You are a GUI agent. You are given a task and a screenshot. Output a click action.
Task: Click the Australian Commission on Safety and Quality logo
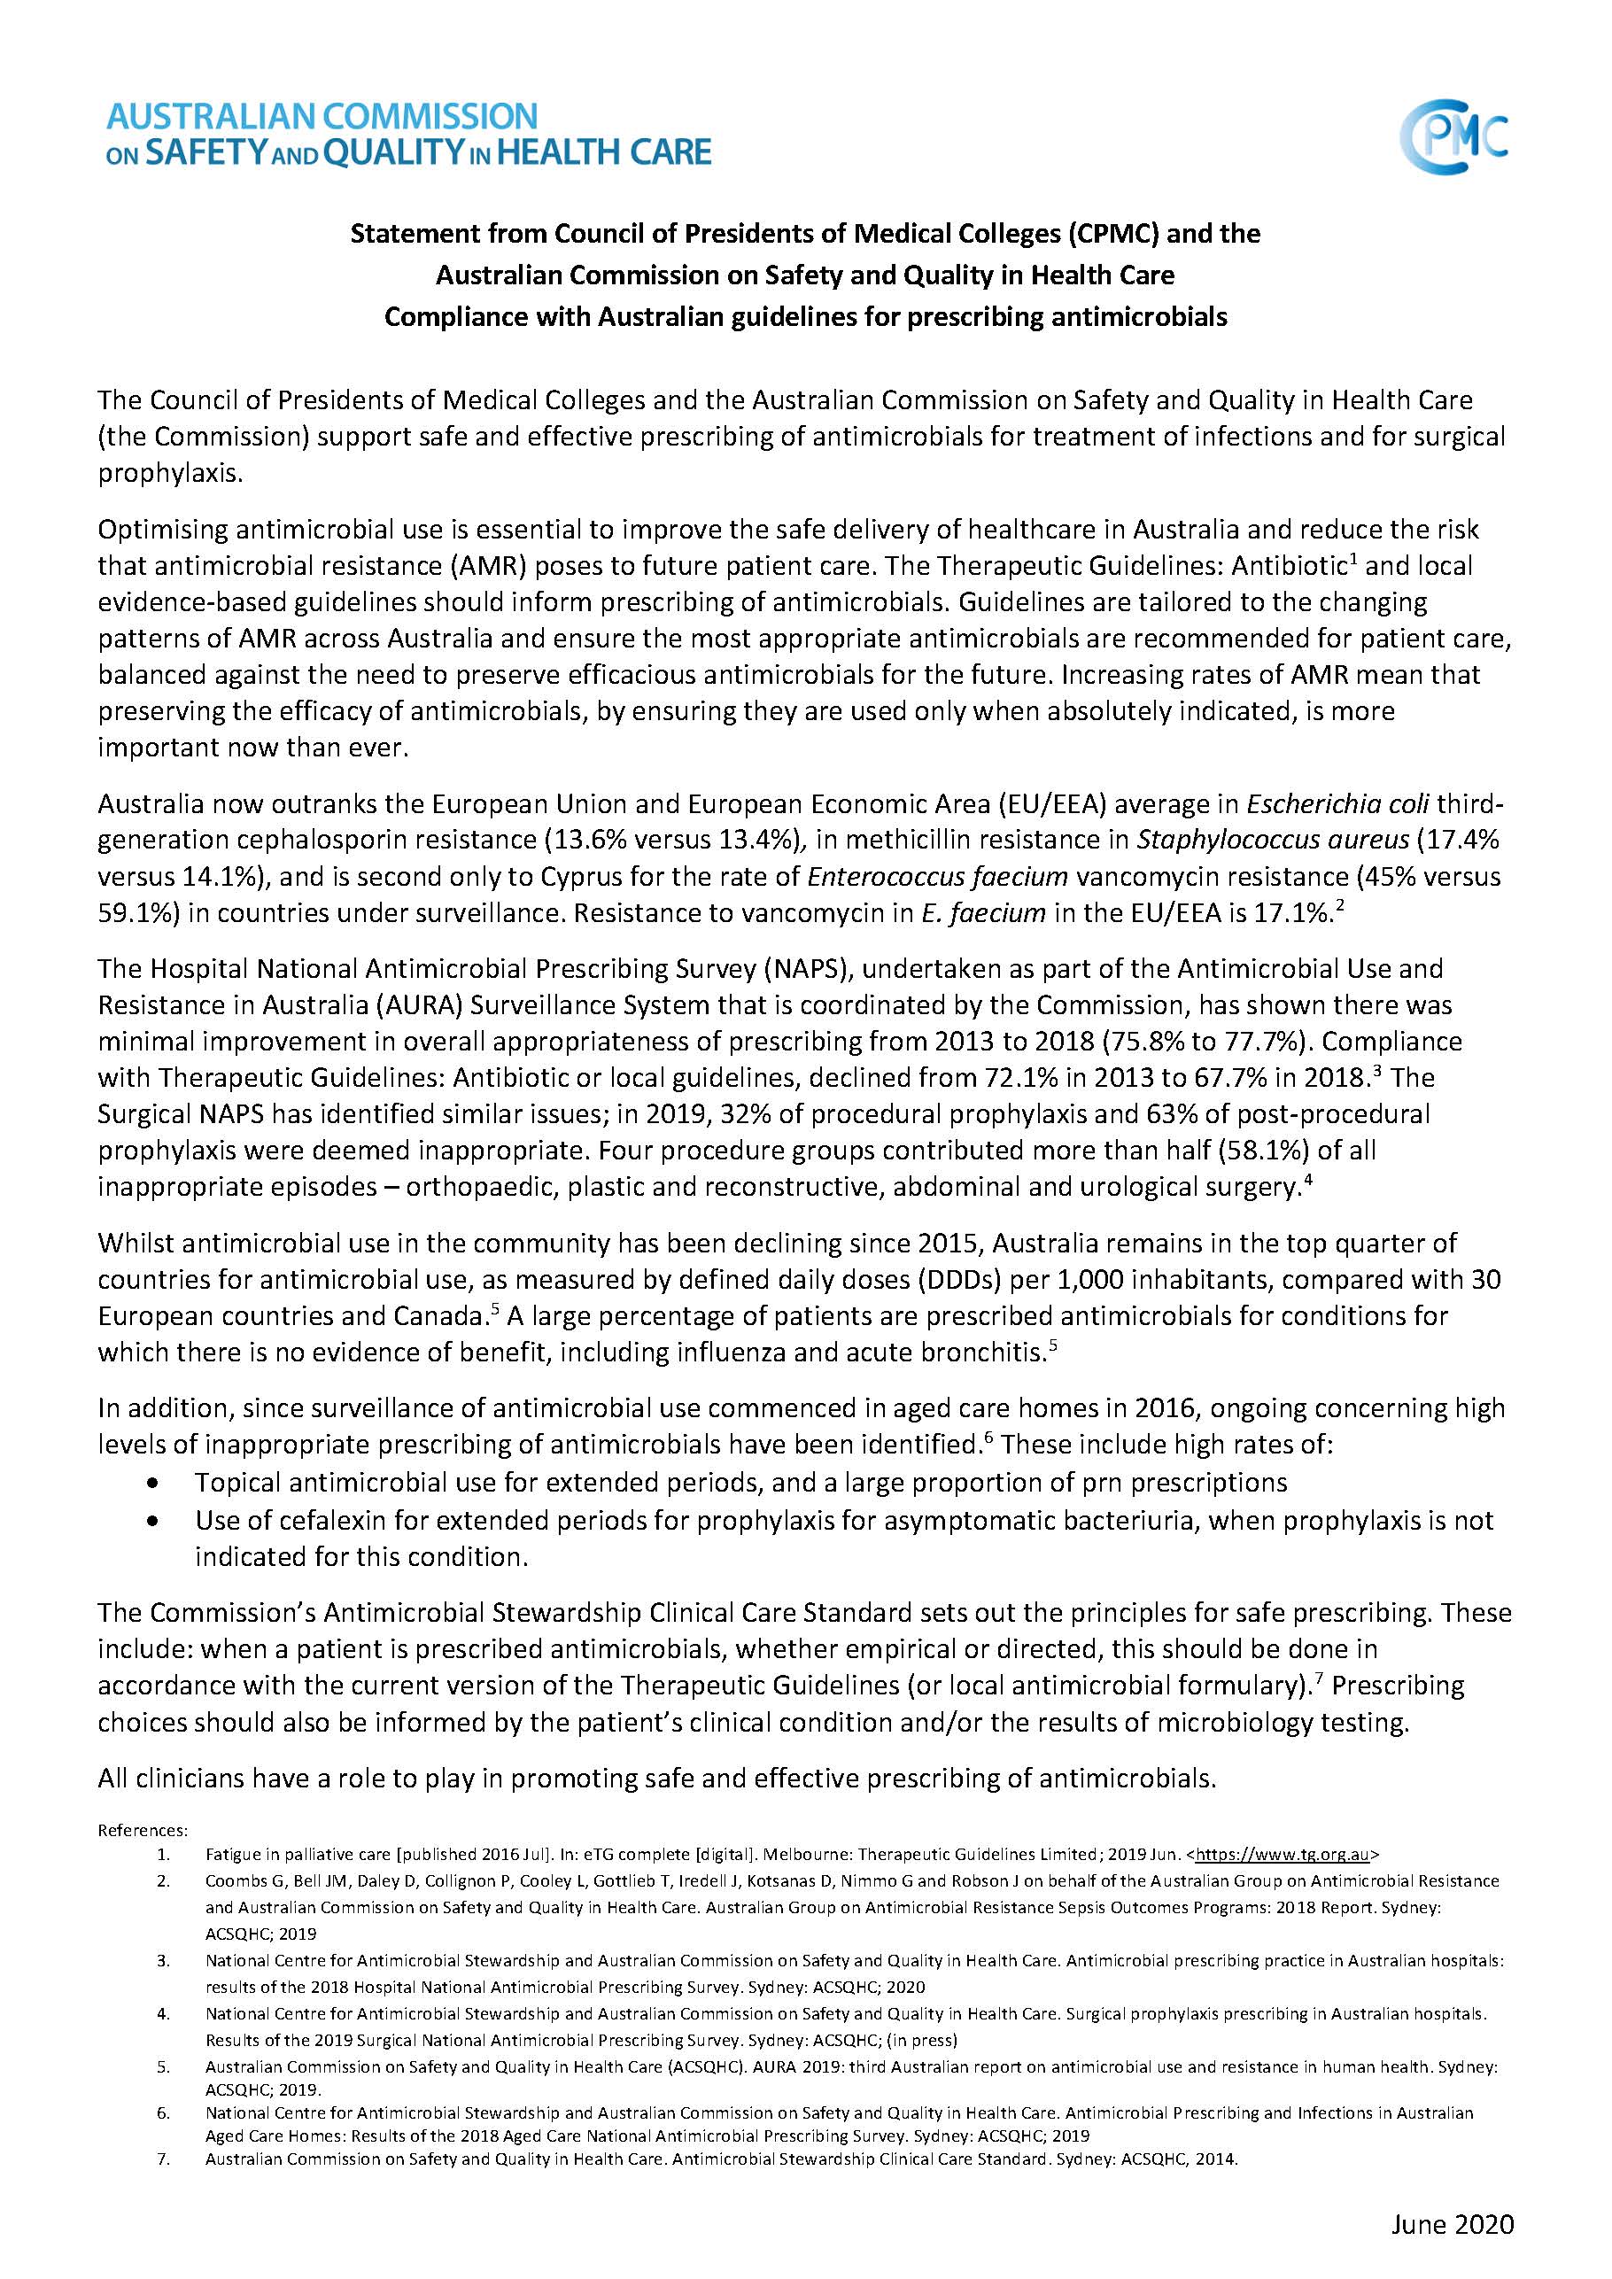coord(408,134)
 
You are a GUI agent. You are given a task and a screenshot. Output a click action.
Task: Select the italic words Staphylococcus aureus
coord(1273,840)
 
